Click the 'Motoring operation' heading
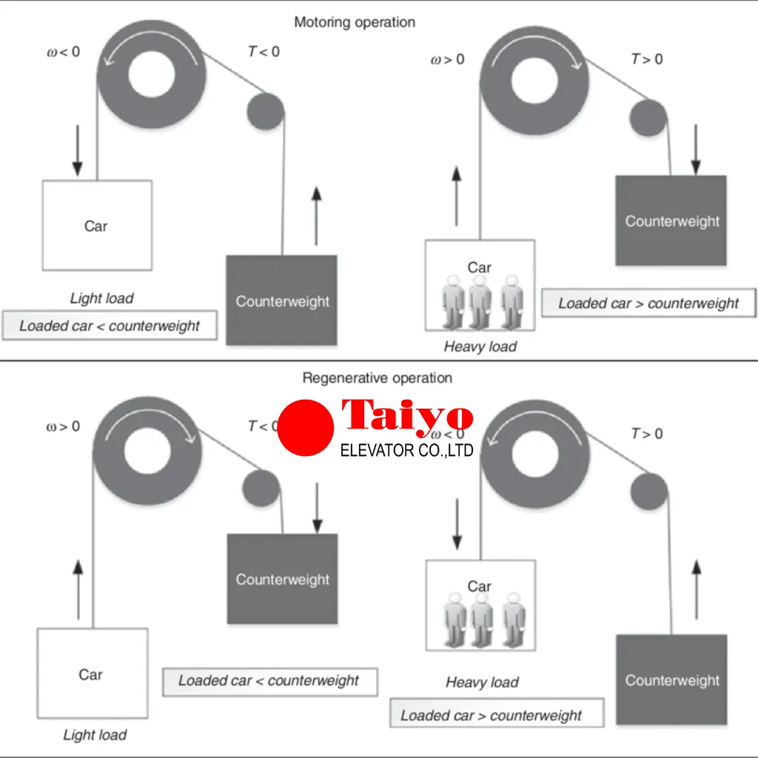tap(355, 22)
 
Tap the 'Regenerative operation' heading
tap(377, 378)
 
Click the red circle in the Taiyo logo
tap(305, 428)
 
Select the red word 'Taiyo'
tap(406, 417)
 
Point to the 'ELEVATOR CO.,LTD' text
tap(406, 449)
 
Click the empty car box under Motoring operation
tap(97, 225)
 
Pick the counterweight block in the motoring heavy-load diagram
tap(671, 221)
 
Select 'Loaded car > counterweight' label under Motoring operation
tap(648, 303)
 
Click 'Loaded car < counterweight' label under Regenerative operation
tap(269, 681)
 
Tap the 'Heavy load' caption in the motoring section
tap(480, 346)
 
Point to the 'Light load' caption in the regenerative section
tap(95, 735)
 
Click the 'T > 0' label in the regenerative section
tap(647, 434)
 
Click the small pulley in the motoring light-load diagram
tap(265, 111)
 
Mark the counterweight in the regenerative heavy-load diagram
tap(671, 680)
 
